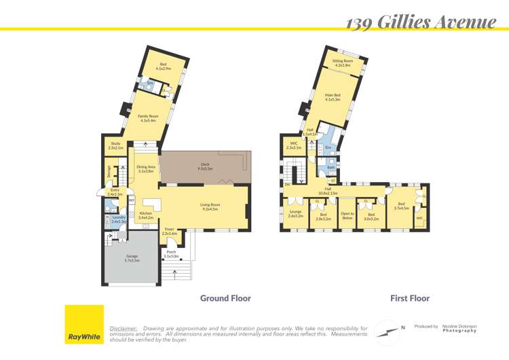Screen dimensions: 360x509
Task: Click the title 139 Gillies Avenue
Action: pos(420,22)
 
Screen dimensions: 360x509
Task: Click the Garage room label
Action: pos(132,258)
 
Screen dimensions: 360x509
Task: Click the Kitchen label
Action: pos(146,215)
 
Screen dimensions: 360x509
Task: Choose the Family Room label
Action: pos(148,118)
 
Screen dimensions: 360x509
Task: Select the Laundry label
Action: pos(119,219)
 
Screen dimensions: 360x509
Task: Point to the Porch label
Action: pos(171,254)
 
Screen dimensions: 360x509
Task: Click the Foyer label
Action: pos(170,231)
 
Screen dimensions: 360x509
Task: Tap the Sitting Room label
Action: pos(343,62)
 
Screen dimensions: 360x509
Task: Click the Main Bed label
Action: pos(333,97)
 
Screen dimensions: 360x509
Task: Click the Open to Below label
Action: pos(347,216)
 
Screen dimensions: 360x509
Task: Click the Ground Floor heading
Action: pos(225,298)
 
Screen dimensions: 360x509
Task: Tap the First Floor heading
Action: pos(409,298)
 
